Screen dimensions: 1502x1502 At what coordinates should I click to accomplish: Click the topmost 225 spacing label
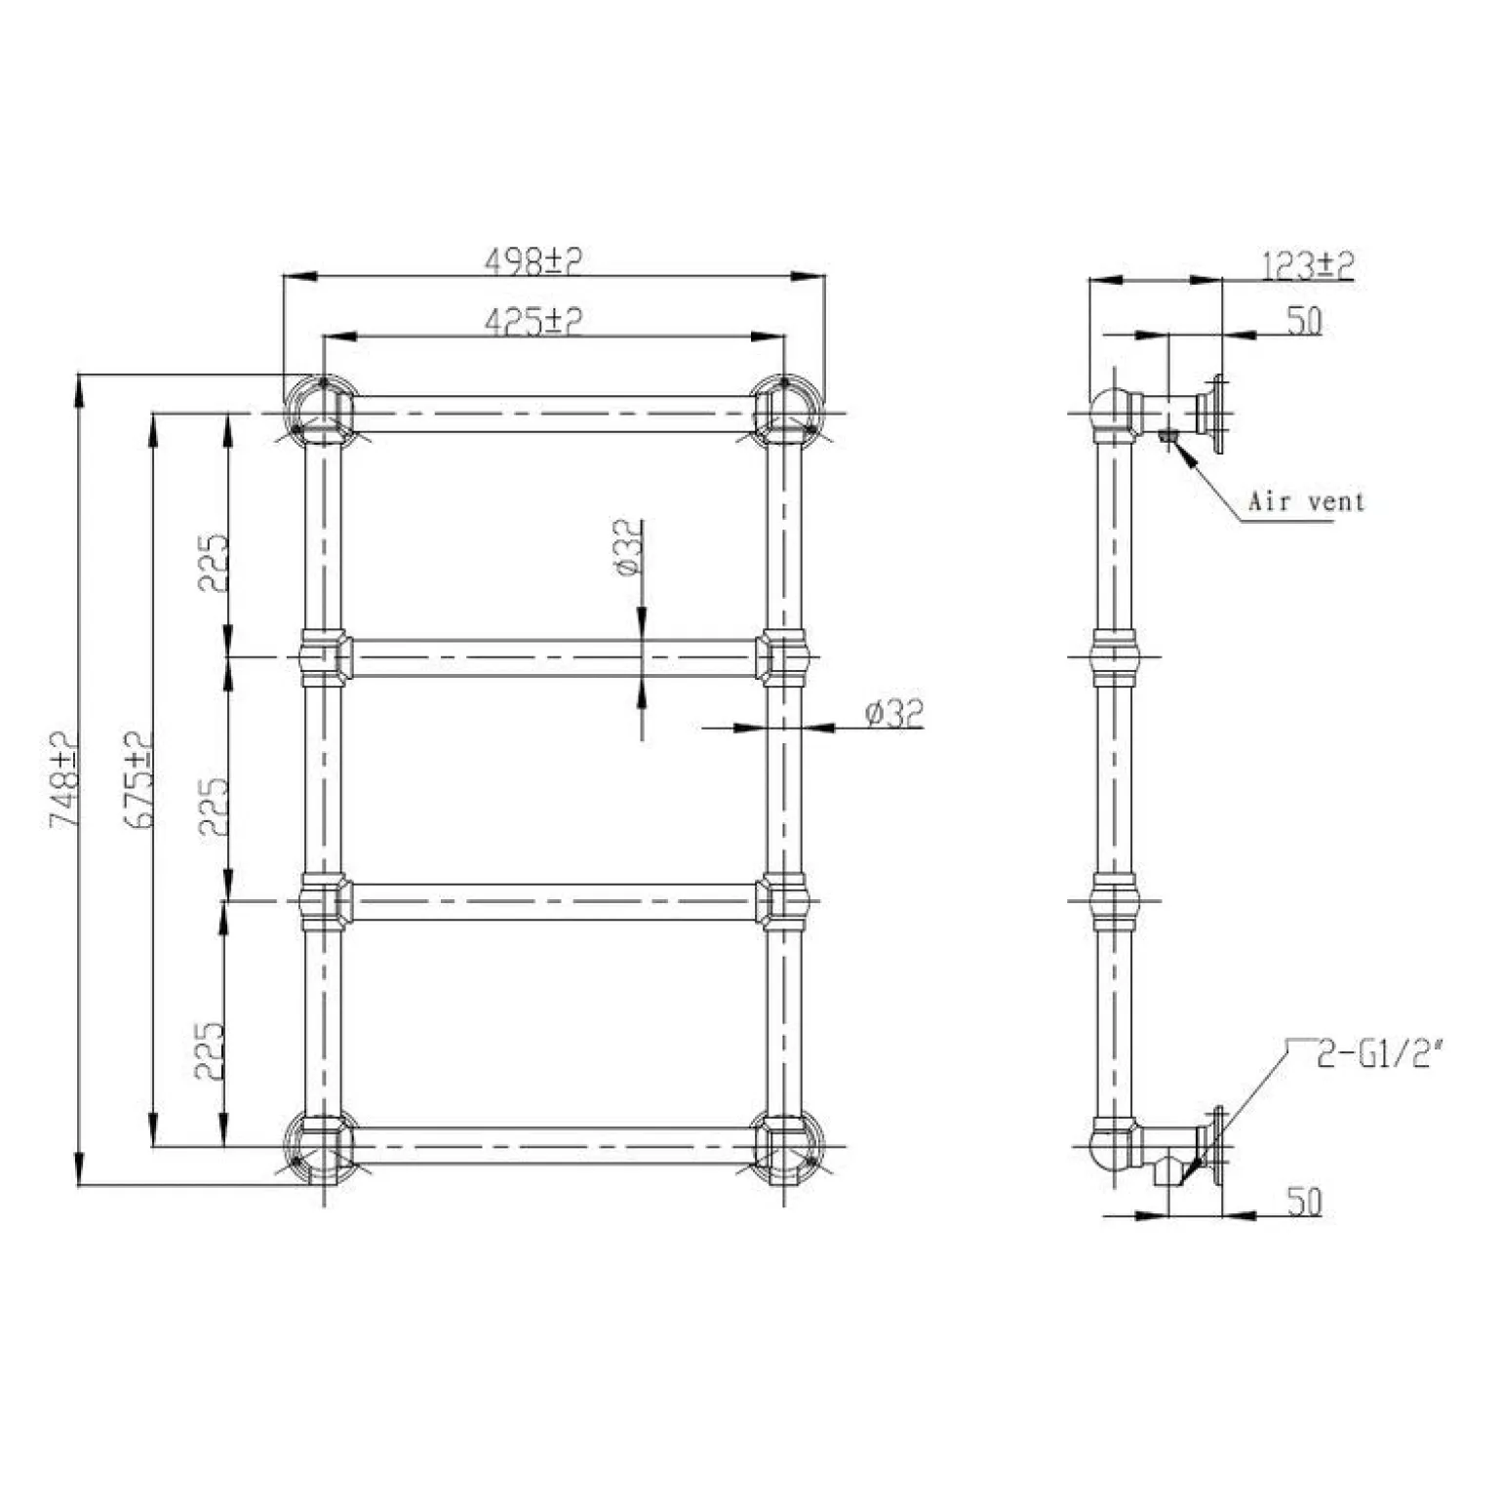point(214,563)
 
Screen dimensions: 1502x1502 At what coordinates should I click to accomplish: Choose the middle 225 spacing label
point(214,807)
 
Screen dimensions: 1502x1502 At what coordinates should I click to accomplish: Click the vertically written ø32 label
point(630,548)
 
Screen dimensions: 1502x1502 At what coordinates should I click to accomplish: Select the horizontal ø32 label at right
point(892,714)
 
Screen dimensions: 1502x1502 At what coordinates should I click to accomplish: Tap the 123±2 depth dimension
point(1308,264)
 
